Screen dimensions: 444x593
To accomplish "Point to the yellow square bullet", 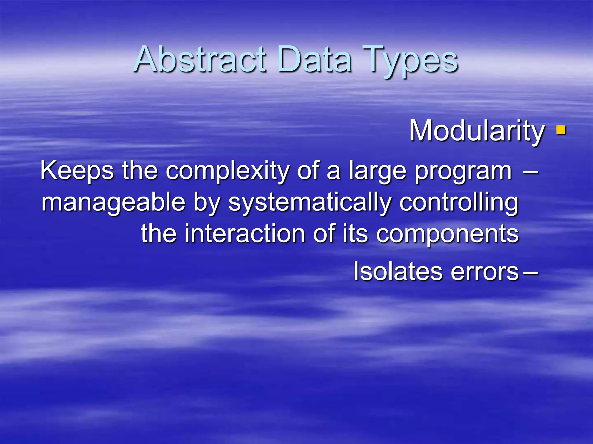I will coord(561,130).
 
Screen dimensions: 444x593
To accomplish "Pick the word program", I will coord(463,172).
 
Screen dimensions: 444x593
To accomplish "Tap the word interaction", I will coord(245,234).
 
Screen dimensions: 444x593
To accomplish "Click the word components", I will coord(447,234).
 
